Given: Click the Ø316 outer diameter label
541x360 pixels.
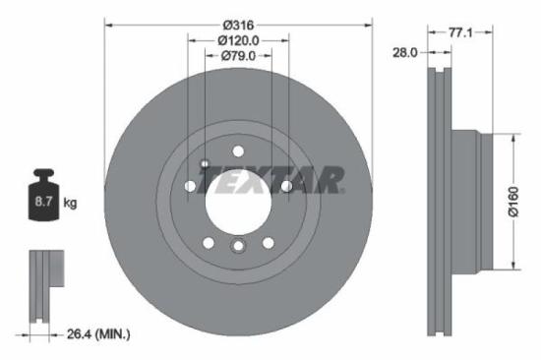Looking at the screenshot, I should (238, 24).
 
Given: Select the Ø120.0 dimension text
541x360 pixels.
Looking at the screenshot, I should (238, 40).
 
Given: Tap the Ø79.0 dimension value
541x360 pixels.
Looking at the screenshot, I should (238, 56).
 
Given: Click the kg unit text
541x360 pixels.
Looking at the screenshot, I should (70, 203).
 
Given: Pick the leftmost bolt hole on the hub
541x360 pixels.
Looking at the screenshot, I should (190, 186).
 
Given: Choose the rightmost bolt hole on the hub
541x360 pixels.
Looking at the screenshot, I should (286, 186).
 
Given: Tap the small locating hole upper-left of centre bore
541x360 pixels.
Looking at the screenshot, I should (205, 163).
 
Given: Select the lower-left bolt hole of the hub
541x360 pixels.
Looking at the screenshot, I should (209, 243).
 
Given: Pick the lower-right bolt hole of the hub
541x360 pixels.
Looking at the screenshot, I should (268, 243).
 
